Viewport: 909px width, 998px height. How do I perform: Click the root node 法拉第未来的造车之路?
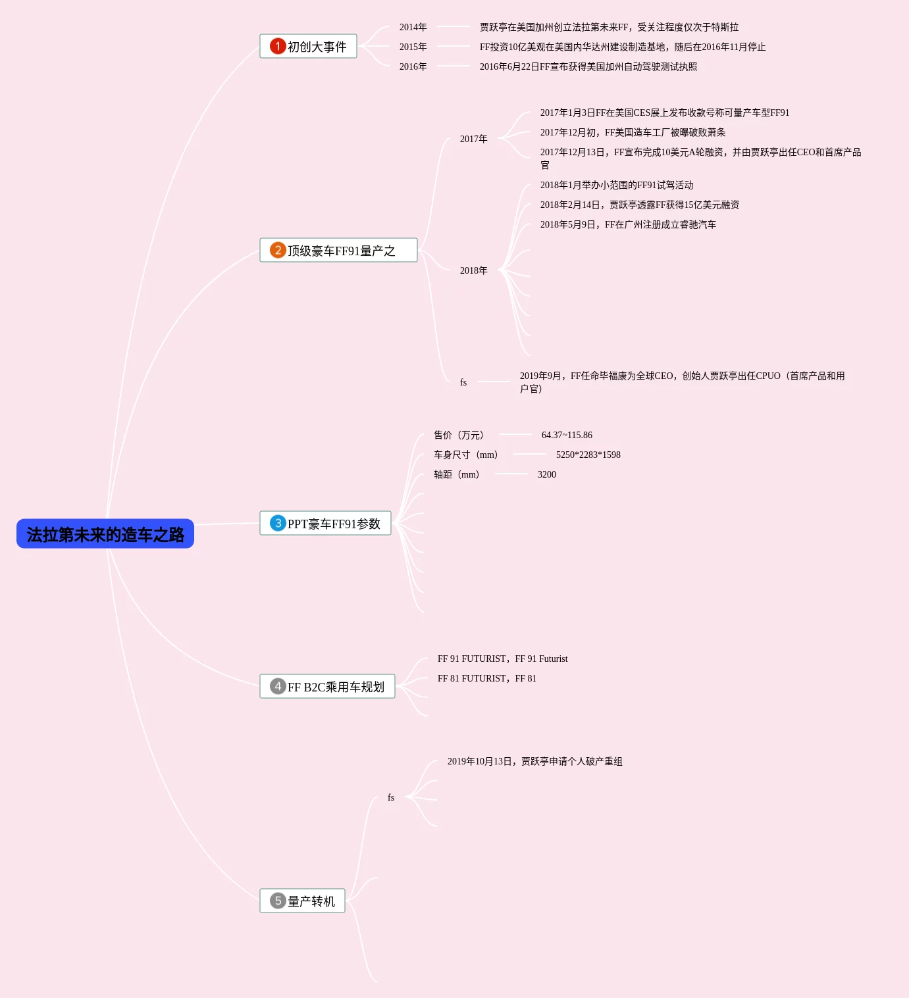click(105, 534)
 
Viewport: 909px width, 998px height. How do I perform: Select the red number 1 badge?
click(278, 46)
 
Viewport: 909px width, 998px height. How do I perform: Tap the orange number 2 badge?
click(278, 250)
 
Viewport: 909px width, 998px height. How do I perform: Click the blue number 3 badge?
click(278, 523)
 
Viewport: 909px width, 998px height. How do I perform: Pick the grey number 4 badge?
click(278, 686)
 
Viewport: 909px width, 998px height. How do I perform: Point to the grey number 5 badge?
click(278, 901)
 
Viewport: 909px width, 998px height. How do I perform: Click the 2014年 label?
click(413, 27)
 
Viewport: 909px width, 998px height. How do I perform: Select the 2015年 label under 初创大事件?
click(413, 47)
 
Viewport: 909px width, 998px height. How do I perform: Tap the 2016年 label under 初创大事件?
click(413, 66)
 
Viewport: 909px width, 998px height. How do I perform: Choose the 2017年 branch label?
click(473, 139)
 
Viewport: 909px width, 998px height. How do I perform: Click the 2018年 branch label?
click(473, 270)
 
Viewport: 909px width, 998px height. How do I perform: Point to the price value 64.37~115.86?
click(567, 435)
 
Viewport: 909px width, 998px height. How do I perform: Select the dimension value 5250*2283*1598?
click(588, 455)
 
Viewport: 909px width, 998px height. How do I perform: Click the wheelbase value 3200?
click(546, 474)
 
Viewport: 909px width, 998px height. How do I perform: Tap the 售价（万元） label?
click(459, 435)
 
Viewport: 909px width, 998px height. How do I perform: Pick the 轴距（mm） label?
click(456, 474)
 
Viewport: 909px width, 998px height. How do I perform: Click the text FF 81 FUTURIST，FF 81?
click(487, 678)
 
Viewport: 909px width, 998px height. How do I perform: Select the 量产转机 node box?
click(303, 901)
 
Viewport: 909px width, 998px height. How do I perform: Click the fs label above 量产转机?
click(391, 797)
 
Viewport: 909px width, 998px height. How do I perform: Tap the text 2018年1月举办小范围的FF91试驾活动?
click(617, 185)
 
